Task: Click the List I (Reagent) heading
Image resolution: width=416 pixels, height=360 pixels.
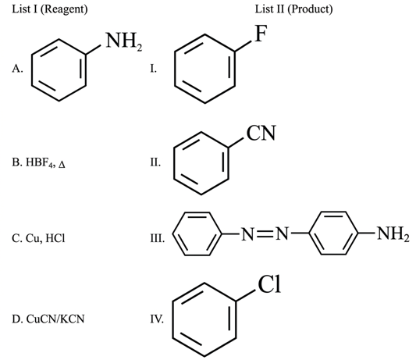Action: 50,9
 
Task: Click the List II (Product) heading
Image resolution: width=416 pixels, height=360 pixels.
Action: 293,9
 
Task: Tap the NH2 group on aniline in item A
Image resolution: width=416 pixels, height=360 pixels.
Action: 124,41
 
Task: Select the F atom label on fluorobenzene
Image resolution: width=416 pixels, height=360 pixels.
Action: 261,34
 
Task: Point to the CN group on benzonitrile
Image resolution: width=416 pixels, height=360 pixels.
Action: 261,133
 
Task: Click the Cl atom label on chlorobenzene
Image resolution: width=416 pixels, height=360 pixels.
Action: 269,284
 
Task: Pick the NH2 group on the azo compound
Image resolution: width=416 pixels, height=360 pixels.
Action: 393,234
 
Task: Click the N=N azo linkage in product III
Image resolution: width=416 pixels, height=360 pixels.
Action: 265,234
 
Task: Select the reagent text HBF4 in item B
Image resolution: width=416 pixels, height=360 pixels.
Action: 41,162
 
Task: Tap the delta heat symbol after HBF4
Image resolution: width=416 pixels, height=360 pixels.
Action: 62,165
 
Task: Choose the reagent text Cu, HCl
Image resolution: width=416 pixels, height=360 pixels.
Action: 45,238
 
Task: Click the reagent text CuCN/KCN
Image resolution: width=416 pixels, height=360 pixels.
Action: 55,319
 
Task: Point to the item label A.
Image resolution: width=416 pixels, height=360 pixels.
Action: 17,69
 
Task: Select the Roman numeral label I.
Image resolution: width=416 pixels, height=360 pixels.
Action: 153,69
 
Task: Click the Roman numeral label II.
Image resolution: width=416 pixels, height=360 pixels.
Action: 155,162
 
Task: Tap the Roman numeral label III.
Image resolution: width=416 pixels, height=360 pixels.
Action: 158,238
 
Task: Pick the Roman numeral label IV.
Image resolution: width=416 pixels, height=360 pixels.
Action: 157,319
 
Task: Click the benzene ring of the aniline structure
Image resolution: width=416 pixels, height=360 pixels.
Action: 32,70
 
